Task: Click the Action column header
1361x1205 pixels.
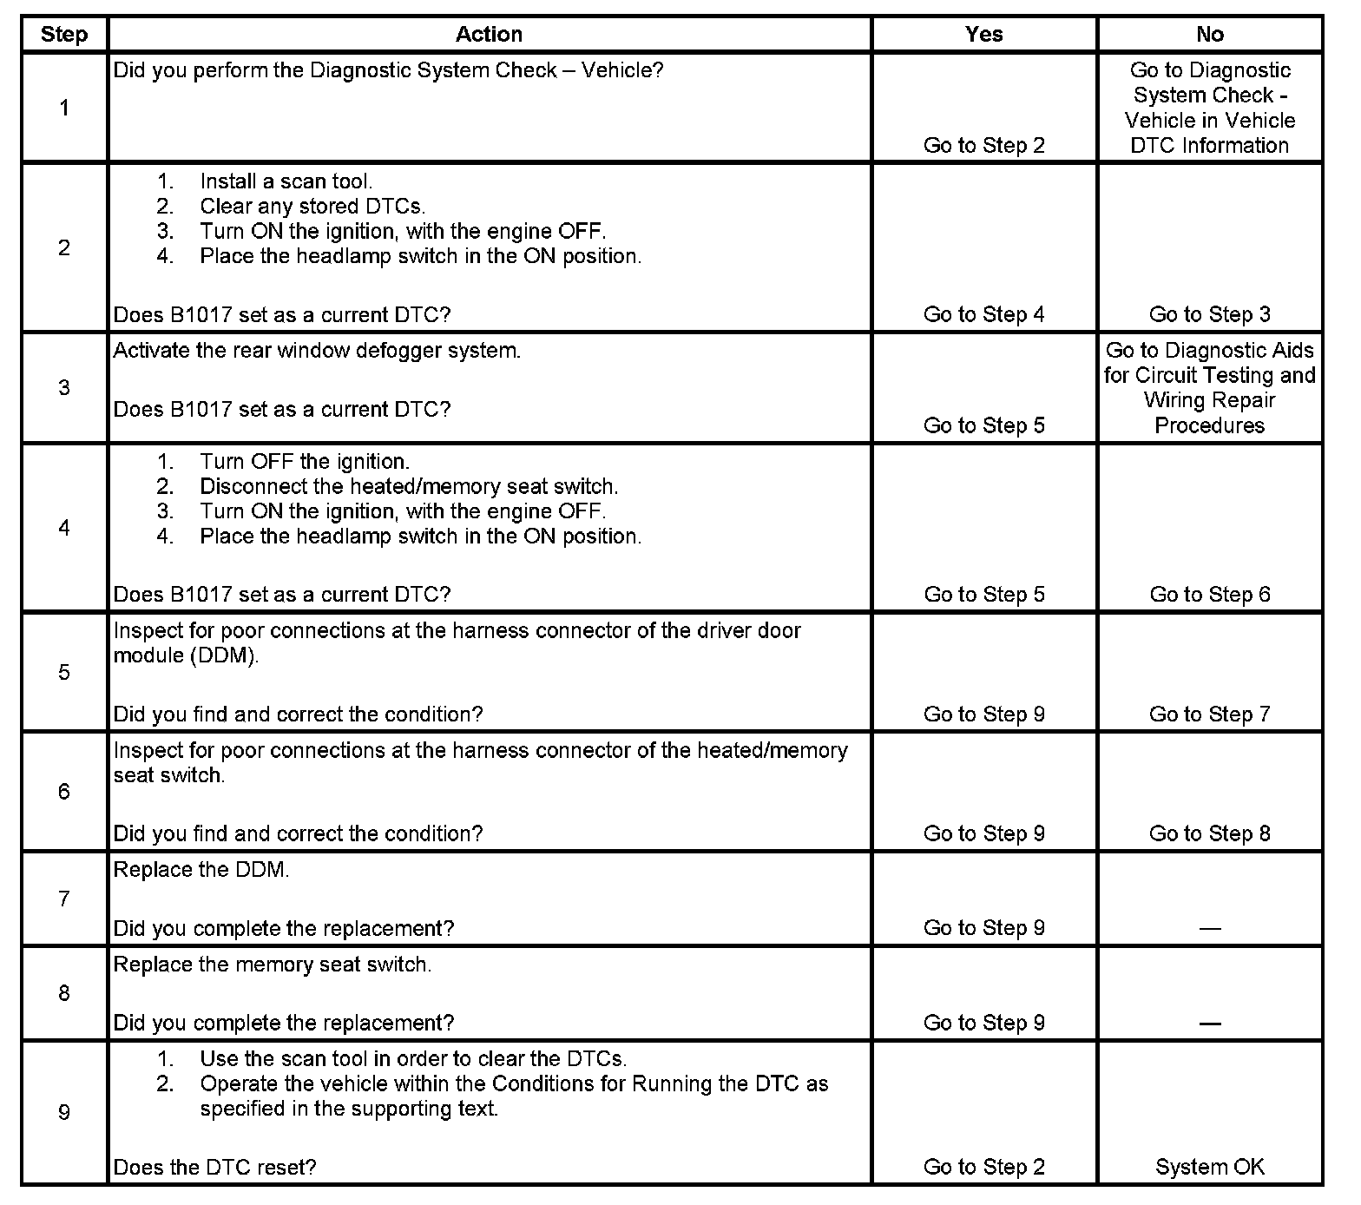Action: click(489, 35)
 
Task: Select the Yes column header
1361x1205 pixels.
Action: click(983, 35)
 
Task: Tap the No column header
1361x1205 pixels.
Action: click(1209, 35)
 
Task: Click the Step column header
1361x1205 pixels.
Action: click(64, 35)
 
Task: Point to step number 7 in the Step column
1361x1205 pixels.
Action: click(64, 899)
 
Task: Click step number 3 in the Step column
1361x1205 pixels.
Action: click(64, 387)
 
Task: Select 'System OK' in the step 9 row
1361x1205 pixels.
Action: click(1209, 1168)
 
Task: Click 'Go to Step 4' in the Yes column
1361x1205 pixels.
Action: click(983, 314)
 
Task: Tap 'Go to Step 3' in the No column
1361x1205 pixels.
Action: click(1209, 314)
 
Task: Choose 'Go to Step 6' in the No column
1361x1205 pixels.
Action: click(1209, 595)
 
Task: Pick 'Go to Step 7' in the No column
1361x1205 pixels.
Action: click(1209, 714)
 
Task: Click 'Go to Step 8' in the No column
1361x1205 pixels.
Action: click(1209, 834)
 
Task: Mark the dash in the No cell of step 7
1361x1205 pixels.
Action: click(1209, 929)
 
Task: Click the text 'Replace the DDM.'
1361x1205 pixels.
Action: click(201, 870)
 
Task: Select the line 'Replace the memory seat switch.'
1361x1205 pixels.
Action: click(272, 965)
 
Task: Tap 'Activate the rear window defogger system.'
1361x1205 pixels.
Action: click(317, 351)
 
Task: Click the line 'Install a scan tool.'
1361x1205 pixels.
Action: click(286, 181)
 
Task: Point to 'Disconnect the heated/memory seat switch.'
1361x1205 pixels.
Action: click(409, 486)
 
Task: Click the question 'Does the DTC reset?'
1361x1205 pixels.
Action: click(214, 1168)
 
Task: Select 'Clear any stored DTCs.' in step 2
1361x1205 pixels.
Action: click(312, 207)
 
